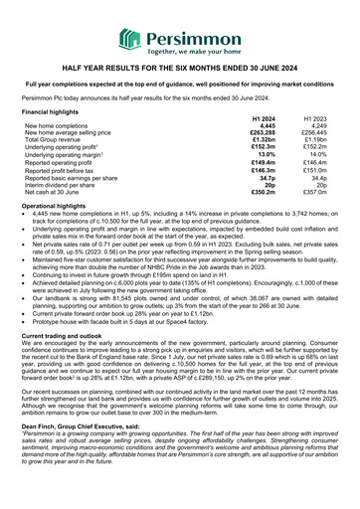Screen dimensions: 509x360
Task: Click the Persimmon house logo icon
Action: pyautogui.click(x=130, y=40)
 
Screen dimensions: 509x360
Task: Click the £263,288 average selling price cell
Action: pyautogui.click(x=261, y=133)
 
